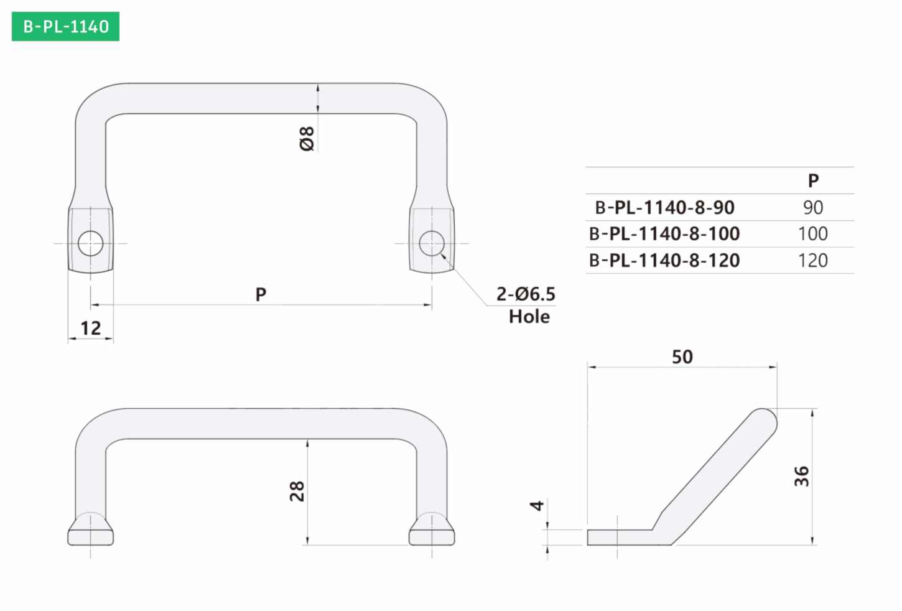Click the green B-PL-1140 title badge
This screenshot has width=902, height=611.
(65, 27)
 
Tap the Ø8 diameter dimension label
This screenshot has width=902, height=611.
(307, 139)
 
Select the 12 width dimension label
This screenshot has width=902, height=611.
(91, 328)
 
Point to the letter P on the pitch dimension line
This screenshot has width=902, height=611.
(261, 294)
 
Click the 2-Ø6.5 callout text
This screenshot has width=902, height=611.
(526, 294)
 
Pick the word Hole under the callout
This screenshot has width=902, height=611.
(529, 317)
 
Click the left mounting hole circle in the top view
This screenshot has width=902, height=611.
(91, 243)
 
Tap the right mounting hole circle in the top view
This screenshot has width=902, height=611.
(432, 243)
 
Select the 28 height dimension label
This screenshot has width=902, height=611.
(297, 491)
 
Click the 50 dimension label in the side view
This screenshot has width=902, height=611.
(682, 357)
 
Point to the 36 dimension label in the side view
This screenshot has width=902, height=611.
(802, 477)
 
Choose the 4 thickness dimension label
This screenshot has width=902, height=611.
(537, 505)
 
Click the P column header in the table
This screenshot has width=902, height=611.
(813, 181)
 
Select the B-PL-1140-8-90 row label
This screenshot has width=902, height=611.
(664, 208)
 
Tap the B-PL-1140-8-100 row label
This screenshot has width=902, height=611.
(664, 234)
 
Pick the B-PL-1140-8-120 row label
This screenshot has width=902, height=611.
(664, 261)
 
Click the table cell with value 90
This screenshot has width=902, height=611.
(813, 208)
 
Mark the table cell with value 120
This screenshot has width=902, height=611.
(813, 261)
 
